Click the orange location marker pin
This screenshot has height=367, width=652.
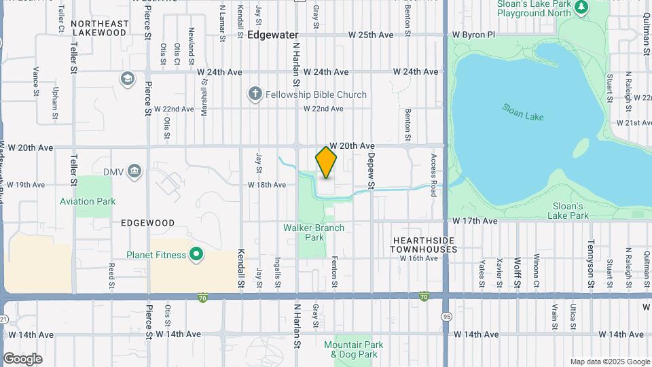pyautogui.click(x=326, y=162)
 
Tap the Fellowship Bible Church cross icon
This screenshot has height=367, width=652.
pyautogui.click(x=255, y=94)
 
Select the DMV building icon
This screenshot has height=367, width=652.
pyautogui.click(x=134, y=171)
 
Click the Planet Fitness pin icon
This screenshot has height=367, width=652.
pyautogui.click(x=196, y=256)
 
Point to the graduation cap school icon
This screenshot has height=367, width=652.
pyautogui.click(x=127, y=80)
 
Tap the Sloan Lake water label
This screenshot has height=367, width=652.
pyautogui.click(x=523, y=112)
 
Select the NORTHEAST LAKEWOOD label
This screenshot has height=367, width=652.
pyautogui.click(x=99, y=28)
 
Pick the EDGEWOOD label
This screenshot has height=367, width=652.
pyautogui.click(x=147, y=223)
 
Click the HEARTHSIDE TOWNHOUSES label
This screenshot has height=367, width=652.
pyautogui.click(x=424, y=245)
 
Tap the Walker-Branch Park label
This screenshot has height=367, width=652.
pyautogui.click(x=314, y=232)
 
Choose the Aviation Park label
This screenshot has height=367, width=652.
pyautogui.click(x=88, y=201)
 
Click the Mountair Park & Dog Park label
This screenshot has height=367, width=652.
pyautogui.click(x=353, y=349)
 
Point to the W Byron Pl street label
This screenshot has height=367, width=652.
pyautogui.click(x=476, y=34)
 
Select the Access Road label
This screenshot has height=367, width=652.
pyautogui.click(x=433, y=175)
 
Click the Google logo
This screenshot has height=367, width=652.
pyautogui.click(x=22, y=359)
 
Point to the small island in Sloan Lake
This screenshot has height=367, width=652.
pyautogui.click(x=581, y=147)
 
